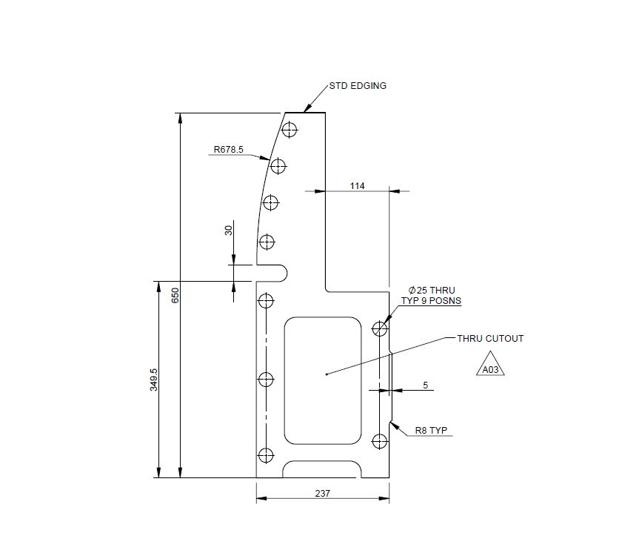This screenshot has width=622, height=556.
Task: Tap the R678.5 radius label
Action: point(229,149)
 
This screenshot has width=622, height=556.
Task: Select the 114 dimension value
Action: point(358,185)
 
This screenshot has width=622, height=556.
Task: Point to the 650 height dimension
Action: point(175,296)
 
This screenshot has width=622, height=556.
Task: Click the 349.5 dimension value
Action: point(153,380)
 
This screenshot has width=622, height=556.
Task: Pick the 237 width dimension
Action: point(322,493)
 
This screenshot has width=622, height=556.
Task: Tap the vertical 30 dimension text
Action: point(228,230)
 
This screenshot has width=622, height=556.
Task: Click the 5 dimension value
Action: point(425,385)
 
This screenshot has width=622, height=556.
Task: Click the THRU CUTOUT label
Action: point(490,339)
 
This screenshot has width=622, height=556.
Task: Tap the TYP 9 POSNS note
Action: point(432,301)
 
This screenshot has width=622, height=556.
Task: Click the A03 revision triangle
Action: point(489,368)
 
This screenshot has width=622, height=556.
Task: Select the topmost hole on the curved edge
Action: point(290,130)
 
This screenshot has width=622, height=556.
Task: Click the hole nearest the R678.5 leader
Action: point(278,165)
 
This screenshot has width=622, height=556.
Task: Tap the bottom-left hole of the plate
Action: point(266,454)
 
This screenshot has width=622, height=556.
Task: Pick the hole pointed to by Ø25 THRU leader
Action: point(380,328)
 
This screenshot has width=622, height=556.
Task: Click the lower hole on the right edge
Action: point(380,442)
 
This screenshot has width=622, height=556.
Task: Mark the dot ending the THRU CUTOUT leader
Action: point(327,374)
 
